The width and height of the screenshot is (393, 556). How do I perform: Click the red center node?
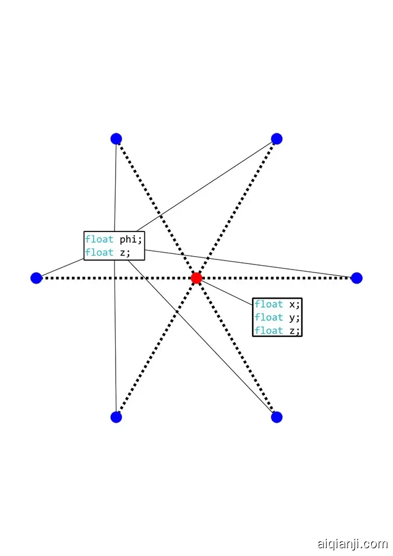click(x=196, y=277)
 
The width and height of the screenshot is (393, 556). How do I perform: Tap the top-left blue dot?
click(x=116, y=139)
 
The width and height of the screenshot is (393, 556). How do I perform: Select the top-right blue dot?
click(x=276, y=139)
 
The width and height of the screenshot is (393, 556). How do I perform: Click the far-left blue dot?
click(x=36, y=277)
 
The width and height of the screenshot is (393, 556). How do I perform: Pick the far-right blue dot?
click(x=357, y=277)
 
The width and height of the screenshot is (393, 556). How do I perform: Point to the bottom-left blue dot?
click(x=116, y=417)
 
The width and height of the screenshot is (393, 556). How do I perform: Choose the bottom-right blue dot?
click(x=276, y=417)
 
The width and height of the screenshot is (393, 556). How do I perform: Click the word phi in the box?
click(x=131, y=240)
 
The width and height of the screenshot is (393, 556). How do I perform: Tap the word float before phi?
click(x=99, y=240)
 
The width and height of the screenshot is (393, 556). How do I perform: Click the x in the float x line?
click(x=292, y=304)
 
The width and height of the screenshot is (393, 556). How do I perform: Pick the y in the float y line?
click(x=292, y=318)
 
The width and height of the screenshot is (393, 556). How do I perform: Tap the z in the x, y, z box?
click(x=292, y=330)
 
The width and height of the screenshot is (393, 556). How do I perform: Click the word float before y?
click(x=269, y=317)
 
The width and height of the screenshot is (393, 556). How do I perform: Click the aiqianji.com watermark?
click(x=352, y=544)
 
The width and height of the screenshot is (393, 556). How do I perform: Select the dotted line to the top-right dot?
click(x=236, y=208)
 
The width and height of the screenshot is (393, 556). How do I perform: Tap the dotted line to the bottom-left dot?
click(x=157, y=347)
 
